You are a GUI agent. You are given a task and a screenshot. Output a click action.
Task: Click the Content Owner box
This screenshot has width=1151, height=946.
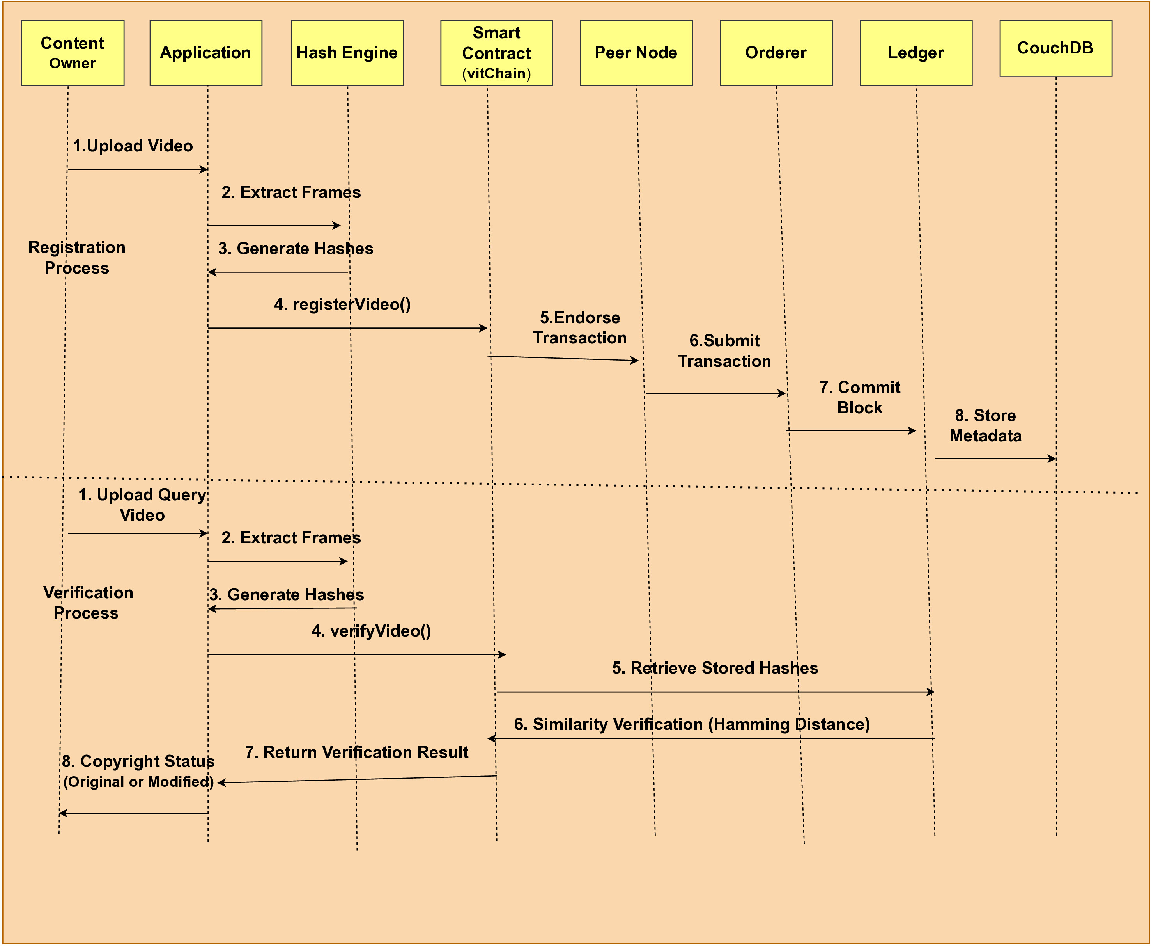[x=73, y=53]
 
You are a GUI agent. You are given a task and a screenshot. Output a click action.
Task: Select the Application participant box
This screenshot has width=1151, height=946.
[x=206, y=53]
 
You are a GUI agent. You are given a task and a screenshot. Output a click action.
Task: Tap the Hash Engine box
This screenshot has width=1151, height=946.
[x=347, y=53]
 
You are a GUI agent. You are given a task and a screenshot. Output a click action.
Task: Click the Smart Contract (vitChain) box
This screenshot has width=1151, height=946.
[x=497, y=53]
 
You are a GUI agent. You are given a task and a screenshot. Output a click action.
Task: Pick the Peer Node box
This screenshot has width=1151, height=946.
[x=636, y=53]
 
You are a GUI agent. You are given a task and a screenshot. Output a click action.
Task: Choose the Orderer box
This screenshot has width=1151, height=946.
[x=776, y=53]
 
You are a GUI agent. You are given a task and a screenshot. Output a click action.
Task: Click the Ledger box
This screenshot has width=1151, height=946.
[x=916, y=53]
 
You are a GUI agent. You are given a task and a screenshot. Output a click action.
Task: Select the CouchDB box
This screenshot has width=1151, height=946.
[x=1056, y=48]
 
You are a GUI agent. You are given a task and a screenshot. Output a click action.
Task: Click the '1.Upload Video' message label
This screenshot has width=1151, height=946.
[x=133, y=146]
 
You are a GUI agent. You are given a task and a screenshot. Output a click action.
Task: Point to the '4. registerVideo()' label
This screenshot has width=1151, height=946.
[x=342, y=304]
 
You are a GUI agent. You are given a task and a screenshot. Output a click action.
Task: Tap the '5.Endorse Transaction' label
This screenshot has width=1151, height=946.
[x=580, y=327]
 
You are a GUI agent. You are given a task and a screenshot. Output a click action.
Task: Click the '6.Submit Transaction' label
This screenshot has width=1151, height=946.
[x=724, y=351]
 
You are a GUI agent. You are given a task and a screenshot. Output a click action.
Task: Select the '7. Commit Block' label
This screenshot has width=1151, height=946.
[x=860, y=397]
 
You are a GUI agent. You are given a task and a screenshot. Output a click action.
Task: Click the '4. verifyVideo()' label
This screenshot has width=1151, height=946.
[x=371, y=631]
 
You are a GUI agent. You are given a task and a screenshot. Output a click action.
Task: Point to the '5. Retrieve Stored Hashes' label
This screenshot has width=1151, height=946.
[x=715, y=668]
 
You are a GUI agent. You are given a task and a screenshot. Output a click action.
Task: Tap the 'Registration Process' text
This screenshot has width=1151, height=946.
[x=77, y=257]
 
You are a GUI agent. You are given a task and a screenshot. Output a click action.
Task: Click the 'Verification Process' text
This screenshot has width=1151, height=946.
[x=88, y=603]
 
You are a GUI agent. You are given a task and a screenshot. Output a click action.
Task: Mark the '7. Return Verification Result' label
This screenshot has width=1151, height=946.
[x=357, y=752]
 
